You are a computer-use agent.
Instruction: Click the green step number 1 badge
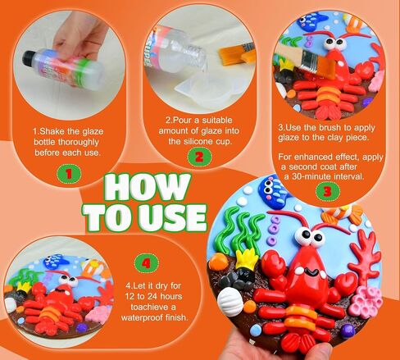(x=69, y=174)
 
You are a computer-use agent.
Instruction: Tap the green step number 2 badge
(x=199, y=157)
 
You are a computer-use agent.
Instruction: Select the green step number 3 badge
(x=328, y=191)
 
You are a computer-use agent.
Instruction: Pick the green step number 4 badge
(x=147, y=263)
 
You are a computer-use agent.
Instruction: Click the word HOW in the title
(x=148, y=187)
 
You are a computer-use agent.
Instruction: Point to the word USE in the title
(x=174, y=218)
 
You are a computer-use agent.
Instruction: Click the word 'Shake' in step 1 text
(x=52, y=131)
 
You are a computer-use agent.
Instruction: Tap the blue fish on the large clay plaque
(x=272, y=189)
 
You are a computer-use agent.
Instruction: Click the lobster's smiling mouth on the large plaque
(x=311, y=272)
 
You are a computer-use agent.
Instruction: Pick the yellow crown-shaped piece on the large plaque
(x=246, y=258)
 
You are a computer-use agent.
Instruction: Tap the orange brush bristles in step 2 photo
(x=230, y=56)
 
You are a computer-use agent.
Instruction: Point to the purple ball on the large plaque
(x=346, y=330)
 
